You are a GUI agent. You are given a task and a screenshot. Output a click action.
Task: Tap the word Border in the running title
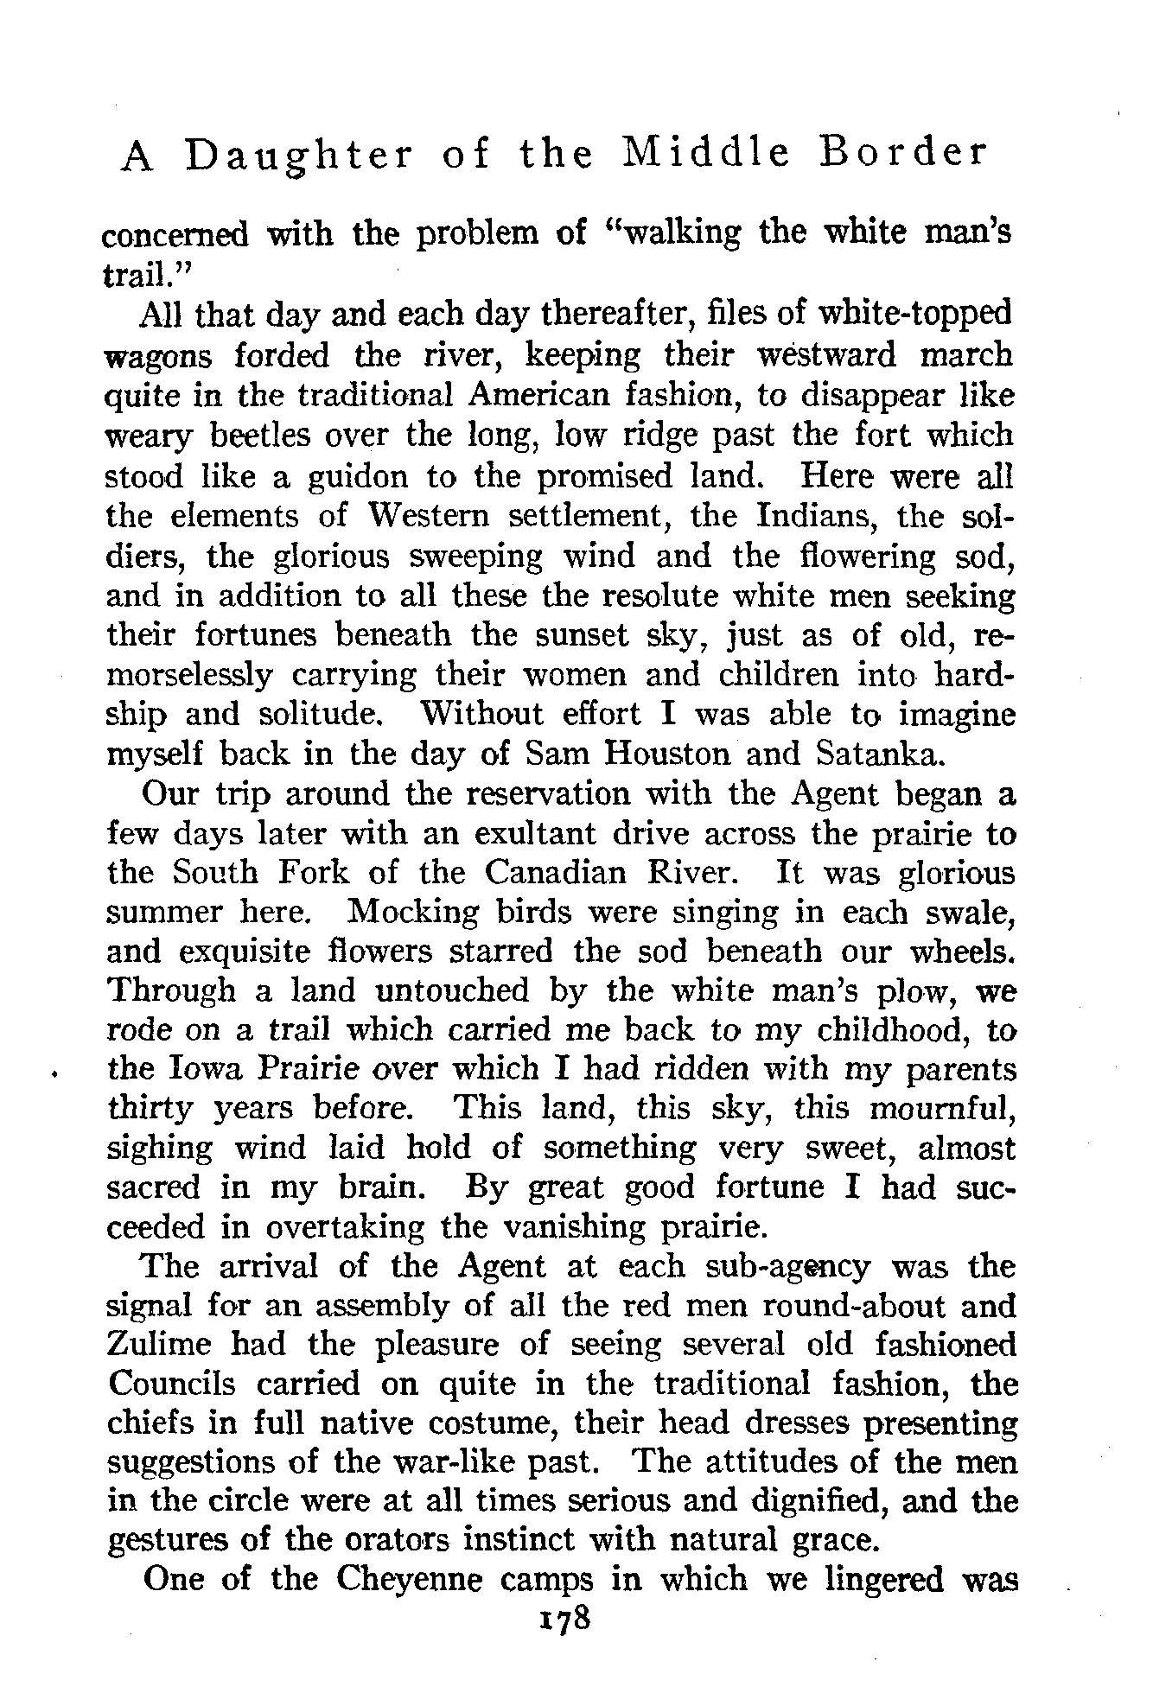900,153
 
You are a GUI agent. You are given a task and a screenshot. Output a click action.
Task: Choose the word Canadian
555,872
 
